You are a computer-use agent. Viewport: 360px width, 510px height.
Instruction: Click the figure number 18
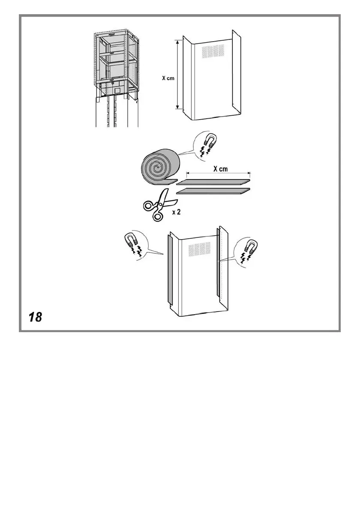pos(36,317)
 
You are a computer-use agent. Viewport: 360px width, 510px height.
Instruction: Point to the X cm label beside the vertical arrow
pos(168,79)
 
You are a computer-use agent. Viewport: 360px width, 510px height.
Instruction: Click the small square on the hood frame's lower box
pos(117,91)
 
